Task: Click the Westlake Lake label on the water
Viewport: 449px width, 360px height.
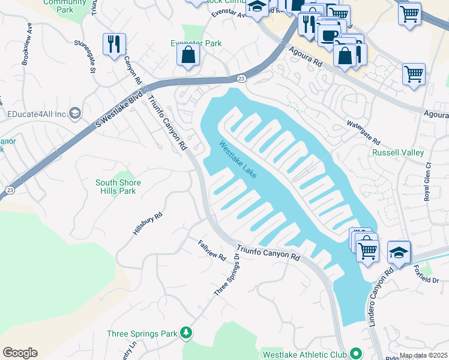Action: click(x=238, y=160)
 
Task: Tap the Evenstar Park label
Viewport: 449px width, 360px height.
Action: click(x=196, y=43)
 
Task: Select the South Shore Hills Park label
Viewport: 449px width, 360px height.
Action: click(x=118, y=187)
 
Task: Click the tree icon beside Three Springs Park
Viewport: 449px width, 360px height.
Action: click(x=186, y=332)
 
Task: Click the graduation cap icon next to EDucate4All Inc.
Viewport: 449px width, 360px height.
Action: click(x=75, y=113)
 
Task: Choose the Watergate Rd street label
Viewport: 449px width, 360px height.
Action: click(x=363, y=133)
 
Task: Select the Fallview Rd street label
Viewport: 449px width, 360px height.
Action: click(x=212, y=250)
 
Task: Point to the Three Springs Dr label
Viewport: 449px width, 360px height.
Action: click(x=227, y=274)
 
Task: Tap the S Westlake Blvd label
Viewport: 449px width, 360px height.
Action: click(x=119, y=109)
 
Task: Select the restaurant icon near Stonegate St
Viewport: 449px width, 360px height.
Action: click(x=113, y=44)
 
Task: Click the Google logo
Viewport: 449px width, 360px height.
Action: click(x=20, y=353)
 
